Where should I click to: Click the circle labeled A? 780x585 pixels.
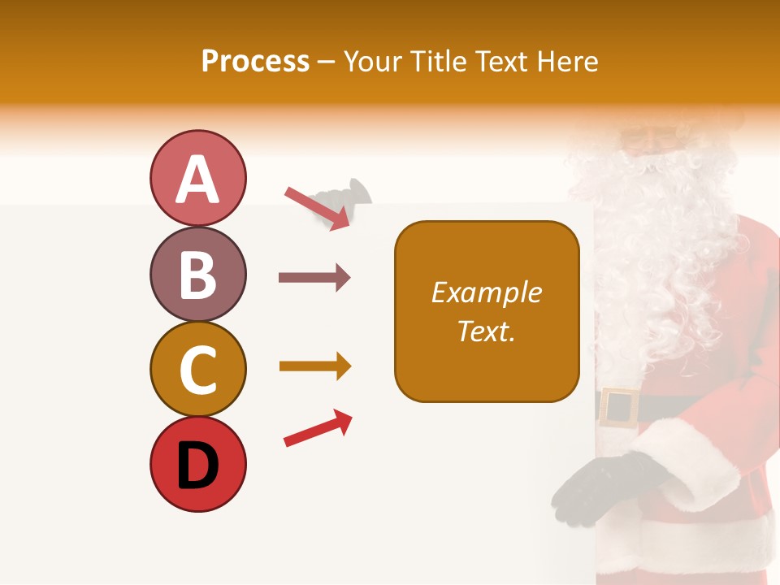pos(197,178)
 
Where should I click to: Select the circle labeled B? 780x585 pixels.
pos(197,274)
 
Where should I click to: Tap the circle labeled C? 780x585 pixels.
pos(197,369)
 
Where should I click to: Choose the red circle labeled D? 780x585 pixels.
pos(197,464)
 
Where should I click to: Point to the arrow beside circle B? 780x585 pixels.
pos(314,278)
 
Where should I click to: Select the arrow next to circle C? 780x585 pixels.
pos(314,366)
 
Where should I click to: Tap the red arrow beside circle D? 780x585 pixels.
pos(318,428)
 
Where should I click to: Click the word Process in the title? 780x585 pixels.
pos(255,62)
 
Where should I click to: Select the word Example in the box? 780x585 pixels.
pos(486,292)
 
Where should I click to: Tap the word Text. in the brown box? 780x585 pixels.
pos(486,331)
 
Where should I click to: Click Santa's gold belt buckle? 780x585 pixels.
pos(619,407)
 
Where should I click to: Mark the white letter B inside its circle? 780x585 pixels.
pos(197,275)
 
